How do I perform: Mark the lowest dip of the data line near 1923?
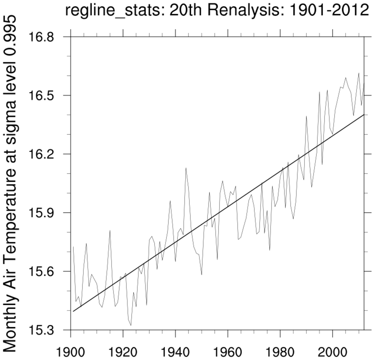click(x=131, y=325)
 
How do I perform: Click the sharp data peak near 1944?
click(x=186, y=168)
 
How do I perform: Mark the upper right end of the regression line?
click(x=364, y=115)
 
